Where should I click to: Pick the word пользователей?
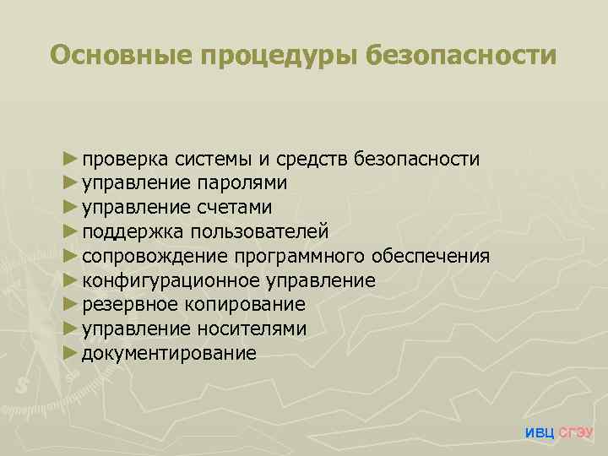click(x=259, y=231)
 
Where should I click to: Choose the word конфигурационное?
click(x=171, y=280)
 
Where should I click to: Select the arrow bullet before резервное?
click(x=69, y=304)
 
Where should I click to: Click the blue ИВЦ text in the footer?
click(x=540, y=433)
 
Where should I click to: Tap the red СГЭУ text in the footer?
click(x=577, y=433)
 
